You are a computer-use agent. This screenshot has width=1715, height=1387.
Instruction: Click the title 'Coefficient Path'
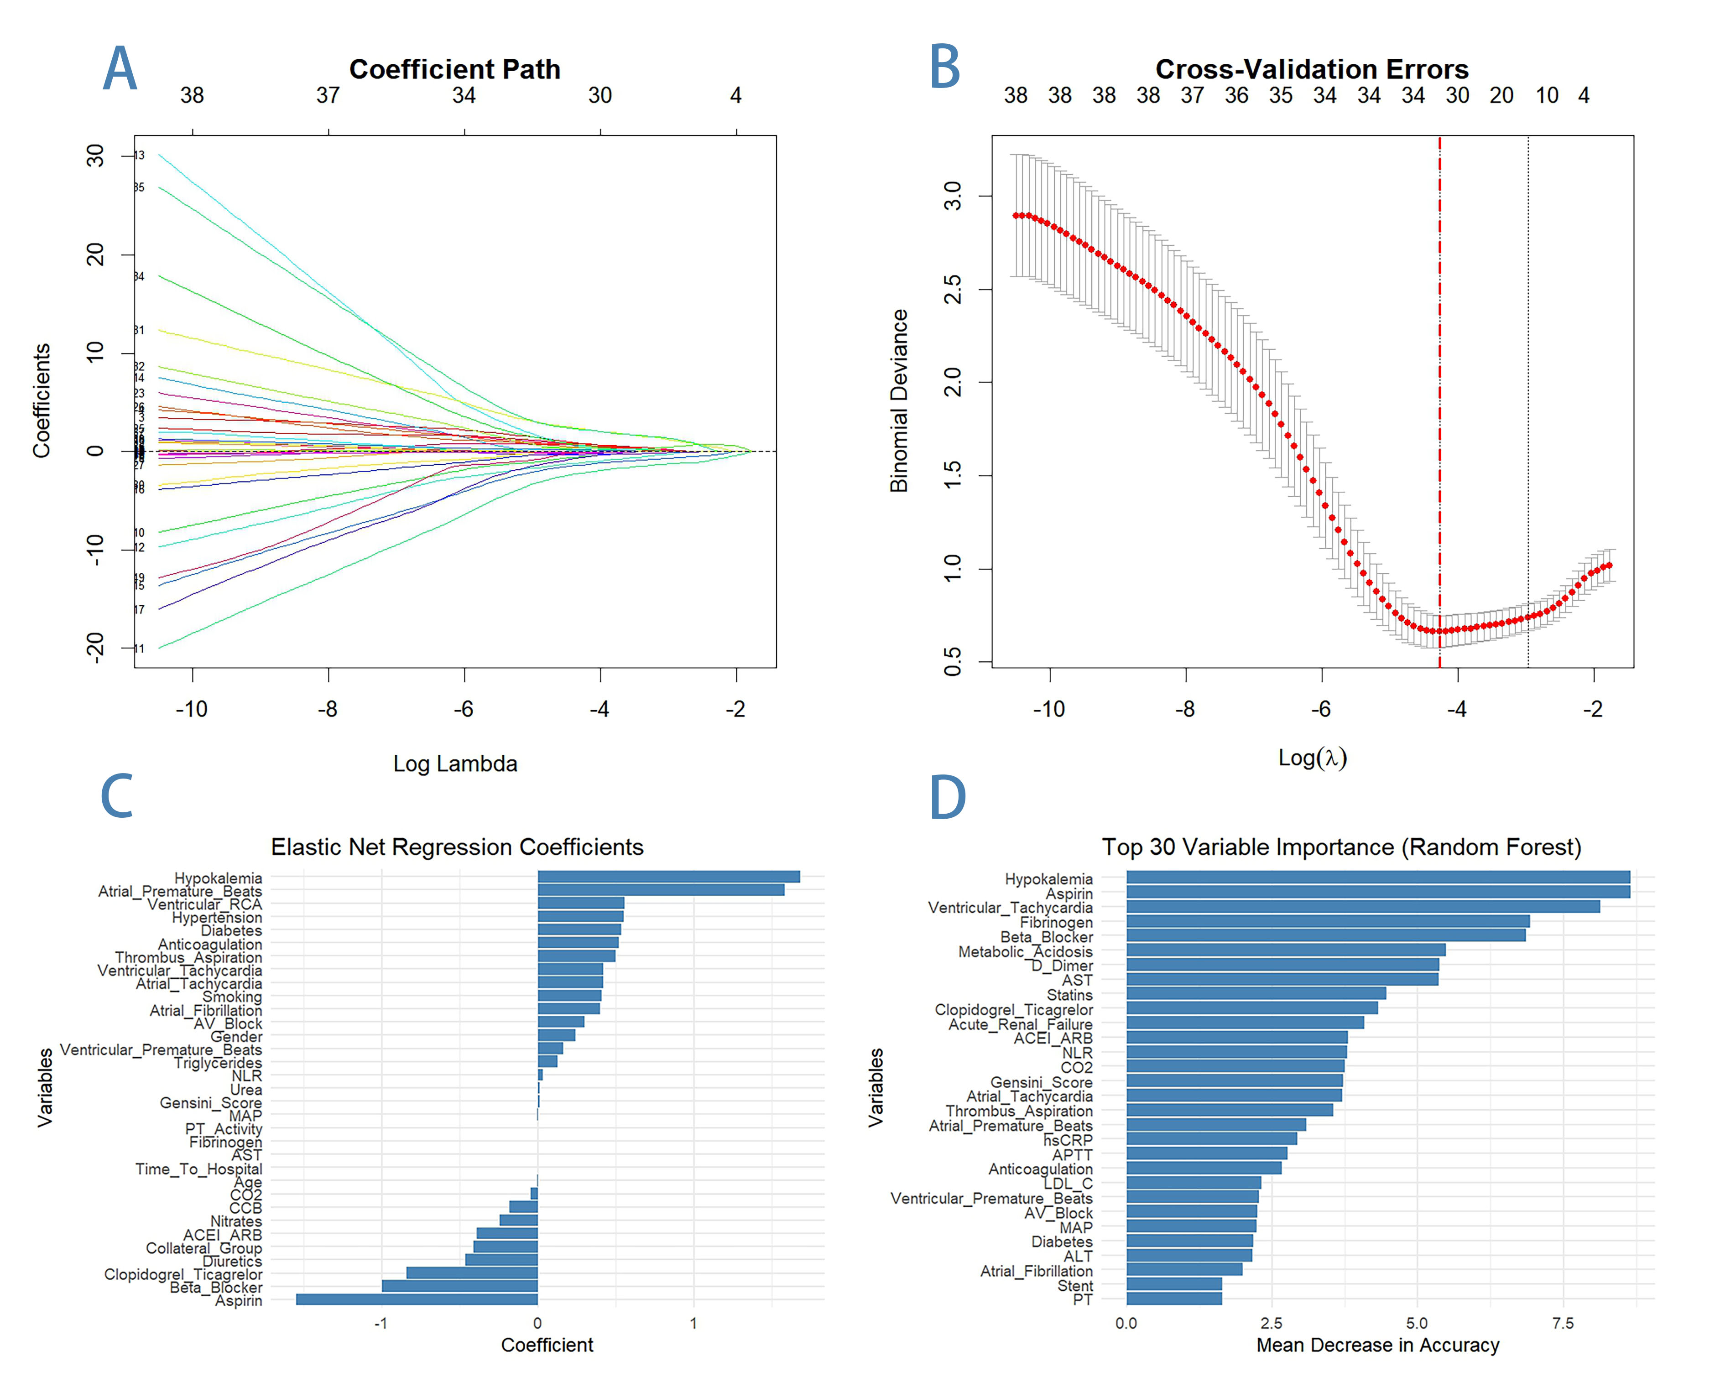455,69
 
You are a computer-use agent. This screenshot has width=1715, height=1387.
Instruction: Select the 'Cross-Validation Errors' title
1311,69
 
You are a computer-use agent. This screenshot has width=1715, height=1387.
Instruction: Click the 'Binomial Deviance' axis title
900,400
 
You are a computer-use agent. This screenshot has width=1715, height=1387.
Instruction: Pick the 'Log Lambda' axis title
455,764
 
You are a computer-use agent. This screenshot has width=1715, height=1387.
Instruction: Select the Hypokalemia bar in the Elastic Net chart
668,877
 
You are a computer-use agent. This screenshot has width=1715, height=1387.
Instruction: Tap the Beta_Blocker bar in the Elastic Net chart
459,1286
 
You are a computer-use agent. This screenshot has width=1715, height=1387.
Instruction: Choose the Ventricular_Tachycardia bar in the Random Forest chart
1363,907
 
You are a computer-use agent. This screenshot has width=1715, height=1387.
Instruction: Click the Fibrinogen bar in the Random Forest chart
1327,921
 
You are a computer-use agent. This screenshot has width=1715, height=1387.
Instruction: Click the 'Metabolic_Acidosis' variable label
1025,951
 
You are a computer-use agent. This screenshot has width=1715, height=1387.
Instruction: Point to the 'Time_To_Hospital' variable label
198,1169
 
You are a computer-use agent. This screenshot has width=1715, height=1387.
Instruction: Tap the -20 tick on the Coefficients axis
95,647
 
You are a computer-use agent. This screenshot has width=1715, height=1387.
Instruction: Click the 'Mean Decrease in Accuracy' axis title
1377,1345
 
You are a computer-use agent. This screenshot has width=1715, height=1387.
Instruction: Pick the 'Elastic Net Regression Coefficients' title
457,847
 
